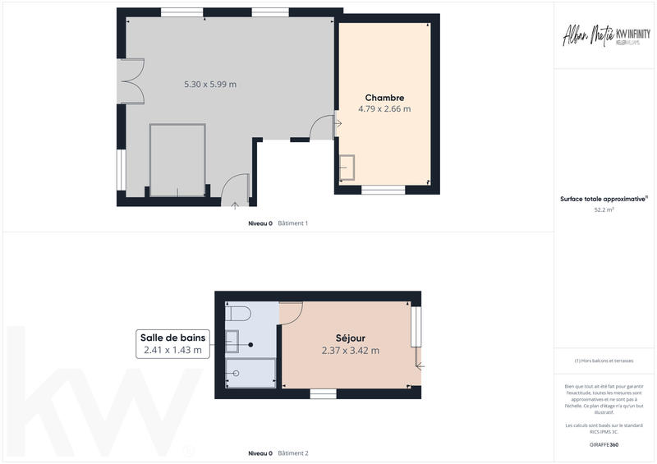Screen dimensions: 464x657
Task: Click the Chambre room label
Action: click(x=384, y=98)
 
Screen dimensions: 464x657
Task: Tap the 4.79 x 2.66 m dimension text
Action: click(x=384, y=108)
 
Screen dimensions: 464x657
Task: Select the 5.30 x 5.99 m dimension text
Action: click(x=210, y=84)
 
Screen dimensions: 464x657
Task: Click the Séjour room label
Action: click(x=351, y=338)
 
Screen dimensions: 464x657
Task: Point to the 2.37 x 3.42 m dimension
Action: click(x=351, y=351)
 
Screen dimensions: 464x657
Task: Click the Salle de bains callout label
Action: click(x=173, y=337)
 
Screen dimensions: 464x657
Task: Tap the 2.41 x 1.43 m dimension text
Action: click(x=173, y=351)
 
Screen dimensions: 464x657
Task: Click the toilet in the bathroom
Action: click(x=237, y=313)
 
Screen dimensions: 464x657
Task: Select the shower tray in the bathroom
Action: click(x=250, y=373)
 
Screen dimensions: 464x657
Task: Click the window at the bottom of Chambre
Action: click(x=384, y=190)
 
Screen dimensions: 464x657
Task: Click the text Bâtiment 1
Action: click(x=292, y=223)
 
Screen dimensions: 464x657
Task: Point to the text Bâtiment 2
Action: click(x=292, y=453)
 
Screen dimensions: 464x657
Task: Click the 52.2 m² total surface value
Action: click(x=604, y=210)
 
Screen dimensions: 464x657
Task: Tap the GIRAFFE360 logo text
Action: click(x=604, y=444)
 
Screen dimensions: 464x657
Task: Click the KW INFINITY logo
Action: click(x=628, y=36)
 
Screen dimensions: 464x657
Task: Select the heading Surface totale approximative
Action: click(x=604, y=199)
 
